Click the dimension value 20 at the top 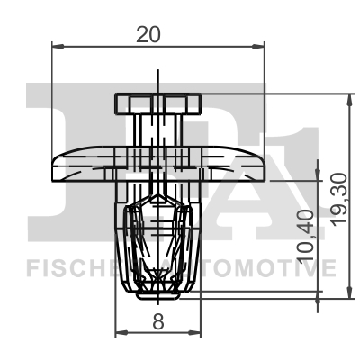148,33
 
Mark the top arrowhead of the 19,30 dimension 349,98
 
